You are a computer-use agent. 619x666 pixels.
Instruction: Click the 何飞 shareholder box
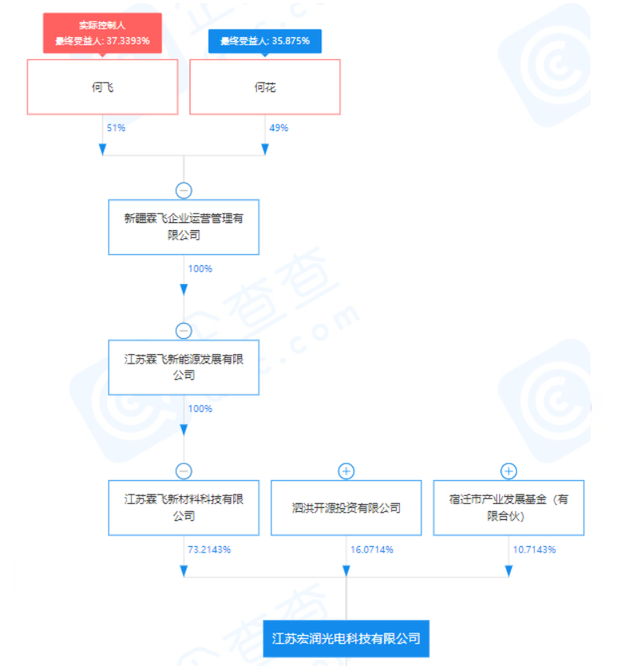pos(102,87)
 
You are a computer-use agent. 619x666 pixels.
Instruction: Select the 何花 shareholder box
pos(265,87)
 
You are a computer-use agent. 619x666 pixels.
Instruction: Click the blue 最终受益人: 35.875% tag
pos(265,41)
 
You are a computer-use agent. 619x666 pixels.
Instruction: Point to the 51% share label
pos(115,128)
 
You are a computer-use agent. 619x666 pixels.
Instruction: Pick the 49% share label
pos(279,128)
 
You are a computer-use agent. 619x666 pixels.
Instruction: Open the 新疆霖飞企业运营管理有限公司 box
pos(183,227)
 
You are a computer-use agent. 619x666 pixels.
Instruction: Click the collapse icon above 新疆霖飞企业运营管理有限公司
pos(184,191)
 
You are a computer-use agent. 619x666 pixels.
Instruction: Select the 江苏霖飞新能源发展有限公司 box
pos(183,367)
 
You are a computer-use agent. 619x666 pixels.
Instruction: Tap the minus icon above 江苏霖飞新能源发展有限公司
pos(184,331)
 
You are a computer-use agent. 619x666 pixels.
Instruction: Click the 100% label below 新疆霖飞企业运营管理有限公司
pos(200,268)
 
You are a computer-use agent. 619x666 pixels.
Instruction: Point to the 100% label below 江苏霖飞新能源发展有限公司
pos(200,409)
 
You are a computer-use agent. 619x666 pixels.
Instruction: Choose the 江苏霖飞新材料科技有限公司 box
pos(183,507)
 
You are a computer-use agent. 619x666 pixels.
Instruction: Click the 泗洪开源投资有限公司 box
pos(346,507)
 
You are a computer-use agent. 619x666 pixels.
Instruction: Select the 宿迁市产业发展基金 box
pos(509,507)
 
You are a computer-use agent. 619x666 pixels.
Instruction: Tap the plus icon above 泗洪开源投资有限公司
pos(346,471)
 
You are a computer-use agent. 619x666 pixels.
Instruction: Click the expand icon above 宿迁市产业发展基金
pos(509,471)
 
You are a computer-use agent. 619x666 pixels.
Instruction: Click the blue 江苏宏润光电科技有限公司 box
pos(346,638)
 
